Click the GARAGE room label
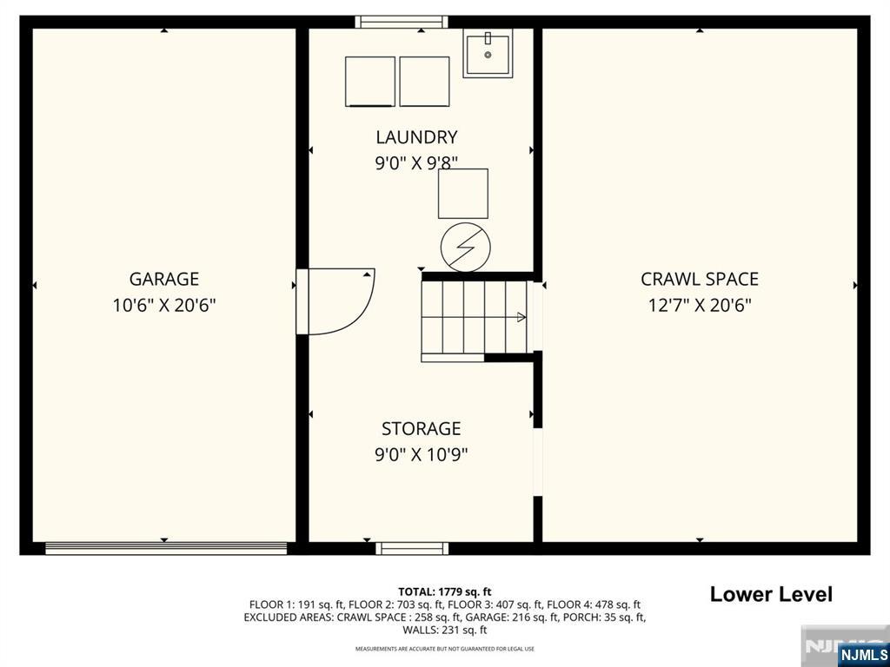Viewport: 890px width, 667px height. pos(164,279)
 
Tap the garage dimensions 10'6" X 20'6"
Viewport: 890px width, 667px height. pos(164,305)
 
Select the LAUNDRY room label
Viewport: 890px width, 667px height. pos(416,137)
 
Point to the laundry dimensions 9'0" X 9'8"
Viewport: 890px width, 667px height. pos(416,162)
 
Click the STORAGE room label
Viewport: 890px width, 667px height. pos(422,429)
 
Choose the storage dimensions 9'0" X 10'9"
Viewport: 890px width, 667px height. pos(422,454)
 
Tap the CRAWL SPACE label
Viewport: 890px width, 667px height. pos(700,279)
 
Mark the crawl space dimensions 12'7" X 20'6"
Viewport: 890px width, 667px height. pos(700,305)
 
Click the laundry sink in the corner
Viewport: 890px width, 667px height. pos(488,53)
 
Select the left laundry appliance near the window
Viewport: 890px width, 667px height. pos(370,82)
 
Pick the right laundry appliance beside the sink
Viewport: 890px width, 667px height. pos(424,82)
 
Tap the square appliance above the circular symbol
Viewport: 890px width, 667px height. pos(463,194)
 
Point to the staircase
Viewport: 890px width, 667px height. pos(474,317)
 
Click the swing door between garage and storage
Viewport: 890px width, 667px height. pos(335,301)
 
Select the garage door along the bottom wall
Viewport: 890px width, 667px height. pos(166,548)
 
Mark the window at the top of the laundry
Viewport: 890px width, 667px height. pos(402,22)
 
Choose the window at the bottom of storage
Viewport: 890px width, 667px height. pos(412,548)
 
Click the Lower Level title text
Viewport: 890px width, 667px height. pos(771,595)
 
